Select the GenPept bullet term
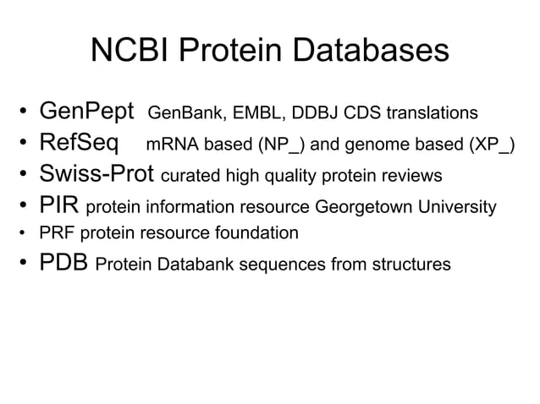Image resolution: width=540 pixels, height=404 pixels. point(87,112)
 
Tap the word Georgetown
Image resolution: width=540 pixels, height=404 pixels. point(360,208)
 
